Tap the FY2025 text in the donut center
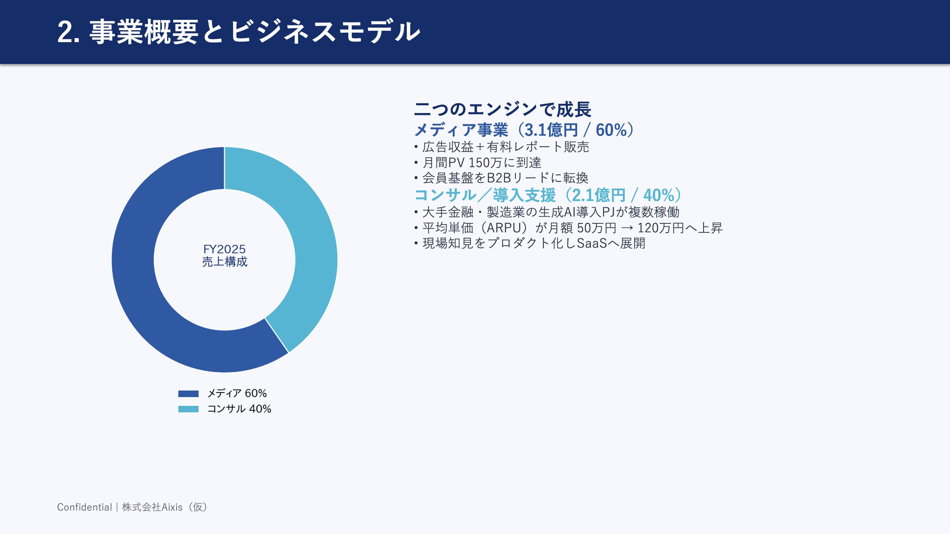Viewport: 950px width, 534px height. coord(224,249)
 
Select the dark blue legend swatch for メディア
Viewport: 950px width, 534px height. coord(188,394)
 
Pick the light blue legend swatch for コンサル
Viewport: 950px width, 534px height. coord(188,409)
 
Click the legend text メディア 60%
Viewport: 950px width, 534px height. coord(237,393)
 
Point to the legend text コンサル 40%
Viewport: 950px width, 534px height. coord(239,409)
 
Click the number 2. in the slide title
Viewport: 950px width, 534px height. coord(68,32)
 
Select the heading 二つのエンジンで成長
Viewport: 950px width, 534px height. coord(503,109)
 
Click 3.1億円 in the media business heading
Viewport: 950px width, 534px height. coord(551,130)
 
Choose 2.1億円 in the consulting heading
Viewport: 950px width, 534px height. coord(599,195)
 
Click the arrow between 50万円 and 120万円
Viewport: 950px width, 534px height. coord(627,228)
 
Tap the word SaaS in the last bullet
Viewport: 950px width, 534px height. coord(592,243)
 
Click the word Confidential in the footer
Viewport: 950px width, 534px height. coord(84,507)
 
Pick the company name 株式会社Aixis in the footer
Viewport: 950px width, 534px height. coord(152,507)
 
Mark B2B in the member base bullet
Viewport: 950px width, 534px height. coord(499,178)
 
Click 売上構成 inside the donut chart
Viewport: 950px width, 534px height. coord(225,262)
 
